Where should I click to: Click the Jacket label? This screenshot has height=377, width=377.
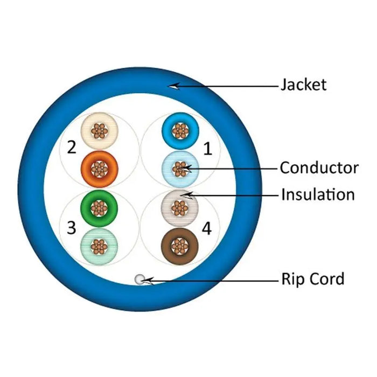(x=303, y=85)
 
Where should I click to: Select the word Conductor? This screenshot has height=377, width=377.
(x=319, y=168)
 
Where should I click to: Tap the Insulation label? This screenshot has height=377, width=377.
(x=318, y=194)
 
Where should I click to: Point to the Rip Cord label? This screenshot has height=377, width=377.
(x=312, y=279)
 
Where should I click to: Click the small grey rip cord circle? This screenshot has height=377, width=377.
(x=140, y=279)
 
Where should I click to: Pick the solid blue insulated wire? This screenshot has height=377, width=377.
(x=180, y=130)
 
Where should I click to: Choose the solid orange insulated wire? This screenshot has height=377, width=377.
(x=99, y=169)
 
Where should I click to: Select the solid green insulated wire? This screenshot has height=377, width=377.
(x=98, y=207)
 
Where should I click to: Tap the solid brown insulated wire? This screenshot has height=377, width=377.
(x=180, y=246)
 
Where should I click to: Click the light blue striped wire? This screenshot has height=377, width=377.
(x=180, y=169)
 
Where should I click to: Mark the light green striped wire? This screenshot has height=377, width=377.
(x=98, y=246)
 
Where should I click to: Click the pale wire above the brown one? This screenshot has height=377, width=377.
(x=180, y=207)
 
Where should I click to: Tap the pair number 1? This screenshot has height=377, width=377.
(x=207, y=149)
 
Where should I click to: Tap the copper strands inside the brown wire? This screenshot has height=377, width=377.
(x=180, y=246)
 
